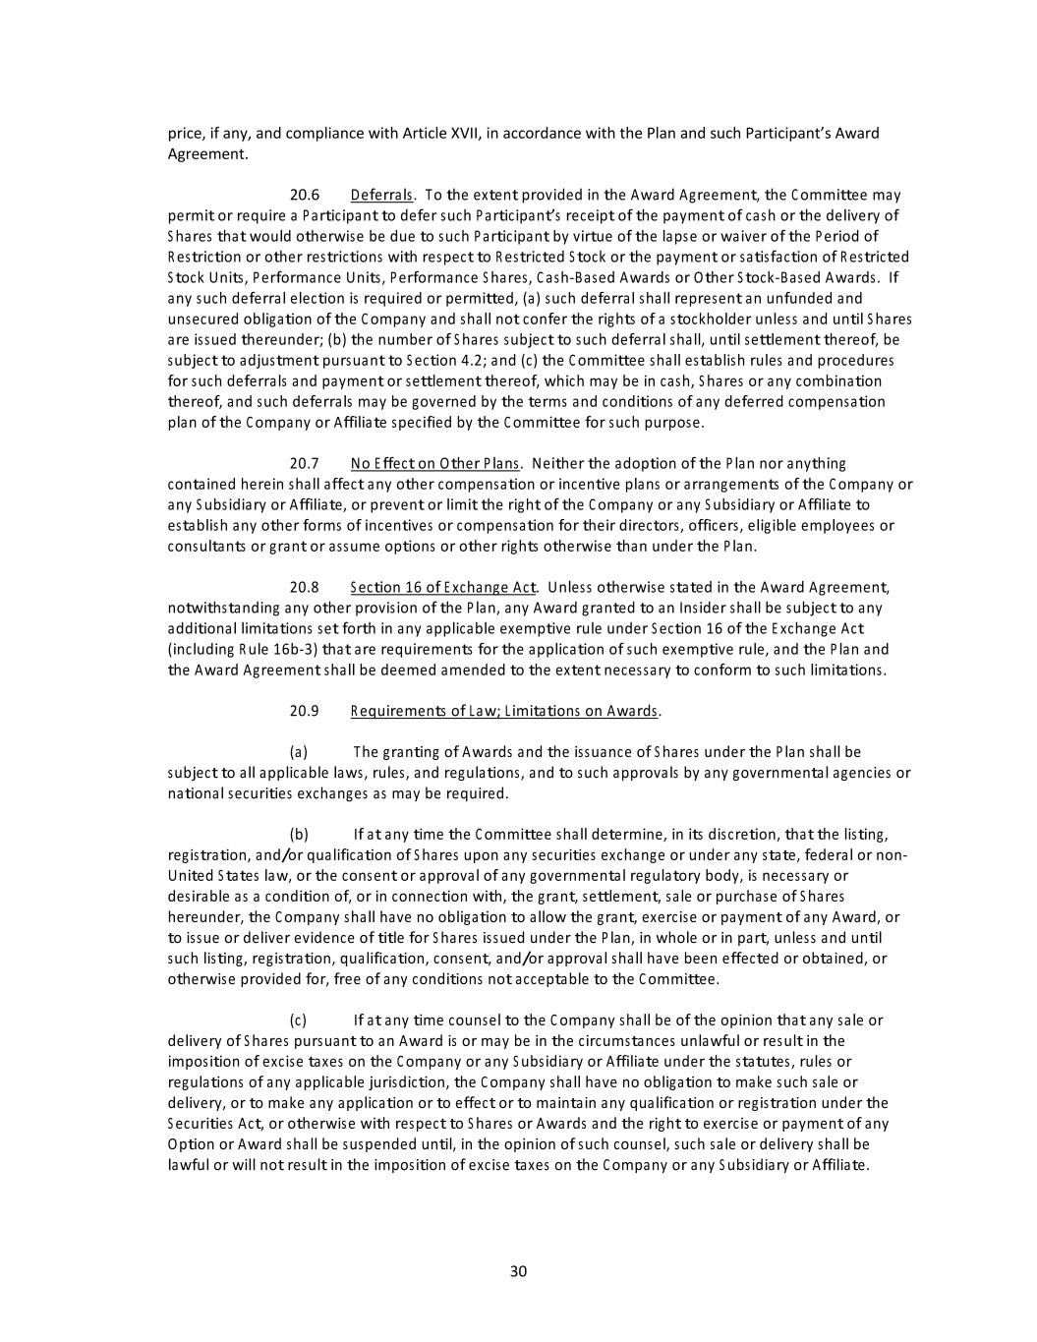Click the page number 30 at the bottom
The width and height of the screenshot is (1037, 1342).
coord(519,1271)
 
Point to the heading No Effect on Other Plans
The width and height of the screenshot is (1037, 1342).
coord(433,463)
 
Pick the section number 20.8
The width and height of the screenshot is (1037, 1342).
coord(305,587)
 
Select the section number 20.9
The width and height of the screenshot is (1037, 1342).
coord(305,711)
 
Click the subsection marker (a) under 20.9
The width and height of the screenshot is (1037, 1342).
coord(299,752)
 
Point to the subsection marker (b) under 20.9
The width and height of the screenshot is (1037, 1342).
coord(299,835)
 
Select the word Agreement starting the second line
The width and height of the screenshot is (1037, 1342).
coord(206,154)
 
